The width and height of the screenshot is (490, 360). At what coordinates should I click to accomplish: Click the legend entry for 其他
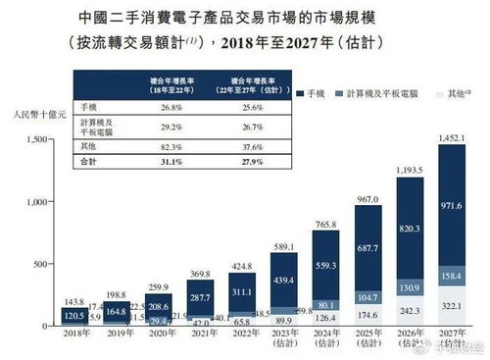pos(453,91)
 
